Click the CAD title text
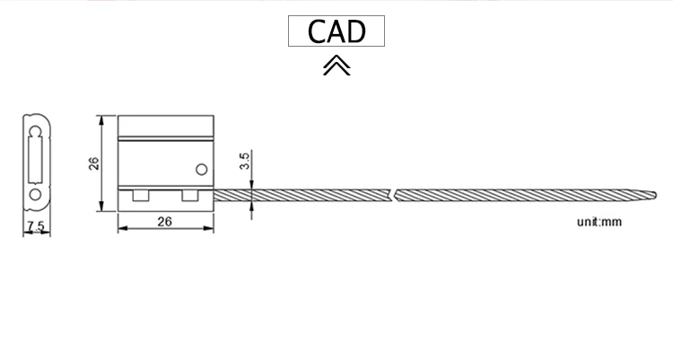[336, 31]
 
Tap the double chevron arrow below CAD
[336, 66]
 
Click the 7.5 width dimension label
[36, 225]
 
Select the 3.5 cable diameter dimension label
[245, 162]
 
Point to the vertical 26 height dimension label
[93, 163]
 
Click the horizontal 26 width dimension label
[165, 221]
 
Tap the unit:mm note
[599, 221]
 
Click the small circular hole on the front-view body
[202, 169]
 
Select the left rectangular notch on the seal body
[141, 196]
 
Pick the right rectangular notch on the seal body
[191, 196]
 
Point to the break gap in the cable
[394, 192]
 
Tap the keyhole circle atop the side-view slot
[35, 132]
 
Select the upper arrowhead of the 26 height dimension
[105, 119]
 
